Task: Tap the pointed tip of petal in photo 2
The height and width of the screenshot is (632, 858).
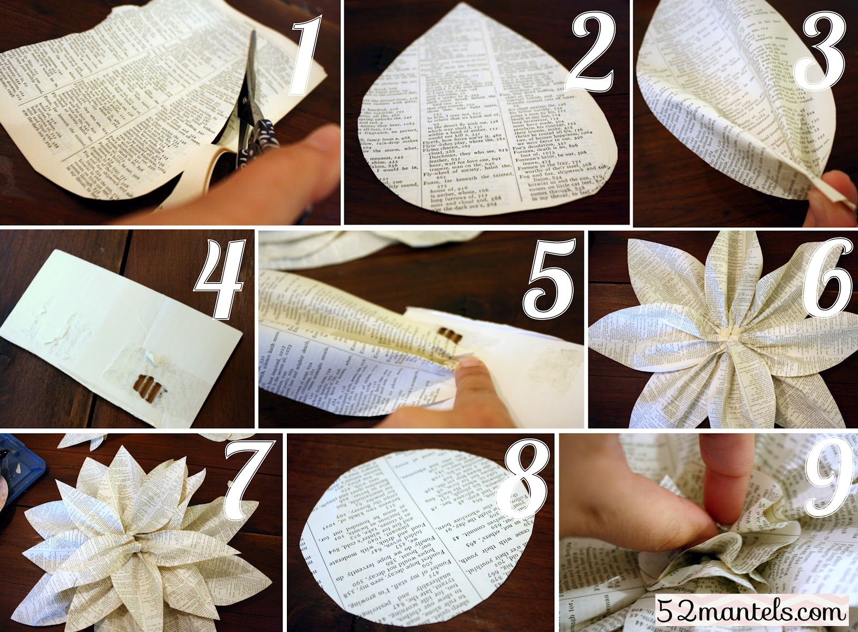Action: pyautogui.click(x=486, y=6)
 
